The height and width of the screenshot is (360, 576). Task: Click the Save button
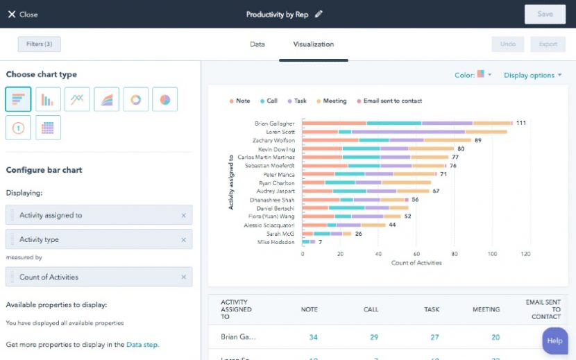545,15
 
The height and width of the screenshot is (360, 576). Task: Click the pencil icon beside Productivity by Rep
319,14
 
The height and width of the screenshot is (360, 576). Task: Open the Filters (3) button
39,44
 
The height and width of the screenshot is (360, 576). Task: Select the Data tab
257,44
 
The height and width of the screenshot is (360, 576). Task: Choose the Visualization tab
313,44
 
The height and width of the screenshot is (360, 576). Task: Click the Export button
548,44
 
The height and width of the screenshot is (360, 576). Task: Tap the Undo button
508,44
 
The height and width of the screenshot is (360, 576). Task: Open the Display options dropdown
532,75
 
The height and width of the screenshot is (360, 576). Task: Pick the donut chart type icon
136,99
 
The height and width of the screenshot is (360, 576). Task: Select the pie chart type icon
164,99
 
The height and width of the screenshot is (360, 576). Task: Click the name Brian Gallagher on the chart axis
274,123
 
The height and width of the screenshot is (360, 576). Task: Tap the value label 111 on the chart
520,123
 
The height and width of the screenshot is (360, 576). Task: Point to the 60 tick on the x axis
416,254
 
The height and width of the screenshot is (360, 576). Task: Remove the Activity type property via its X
183,240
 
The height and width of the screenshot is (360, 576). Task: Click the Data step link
142,344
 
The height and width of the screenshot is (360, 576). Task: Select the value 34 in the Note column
313,337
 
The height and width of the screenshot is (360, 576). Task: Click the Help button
554,341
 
